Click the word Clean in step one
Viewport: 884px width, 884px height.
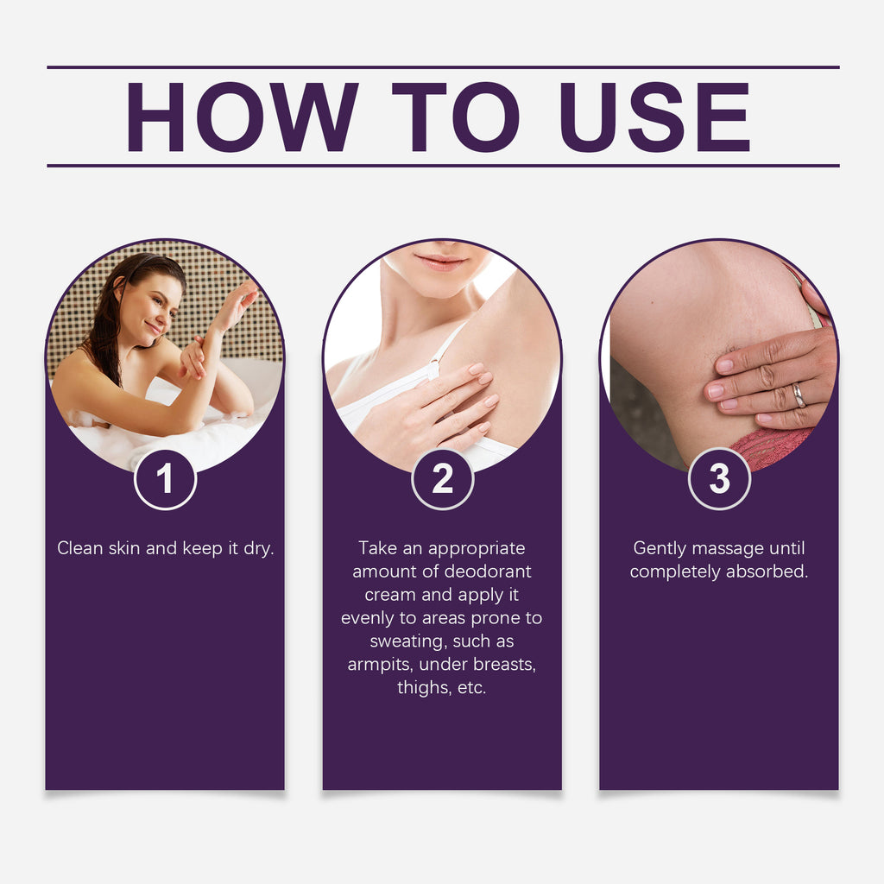click(x=79, y=548)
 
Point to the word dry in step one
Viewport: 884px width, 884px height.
click(x=258, y=549)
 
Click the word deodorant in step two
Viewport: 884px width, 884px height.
click(x=488, y=571)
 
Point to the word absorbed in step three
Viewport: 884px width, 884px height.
click(x=767, y=571)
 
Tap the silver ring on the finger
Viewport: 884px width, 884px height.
click(x=799, y=395)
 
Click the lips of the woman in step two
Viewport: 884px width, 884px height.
click(x=441, y=262)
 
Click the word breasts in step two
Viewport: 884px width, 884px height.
click(x=498, y=665)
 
